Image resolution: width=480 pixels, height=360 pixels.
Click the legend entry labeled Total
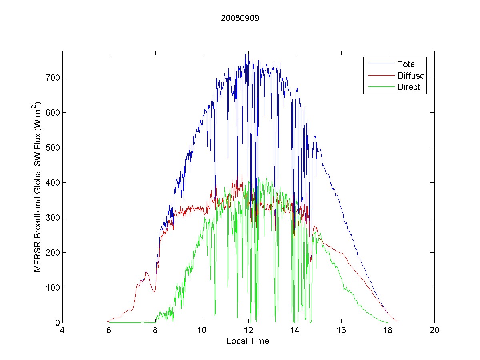click(407, 64)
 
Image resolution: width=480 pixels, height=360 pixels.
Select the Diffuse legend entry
click(411, 76)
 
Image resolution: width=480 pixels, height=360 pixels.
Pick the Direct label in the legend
click(408, 87)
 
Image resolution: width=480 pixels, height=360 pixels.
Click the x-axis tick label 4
click(63, 331)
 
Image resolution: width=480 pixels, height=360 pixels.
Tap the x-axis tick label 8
click(156, 331)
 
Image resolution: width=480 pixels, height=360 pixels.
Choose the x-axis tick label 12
click(248, 331)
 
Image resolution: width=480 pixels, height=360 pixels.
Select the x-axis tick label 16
click(341, 331)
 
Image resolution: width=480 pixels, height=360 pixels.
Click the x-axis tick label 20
click(434, 331)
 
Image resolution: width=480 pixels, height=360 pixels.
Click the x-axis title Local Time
click(248, 341)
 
